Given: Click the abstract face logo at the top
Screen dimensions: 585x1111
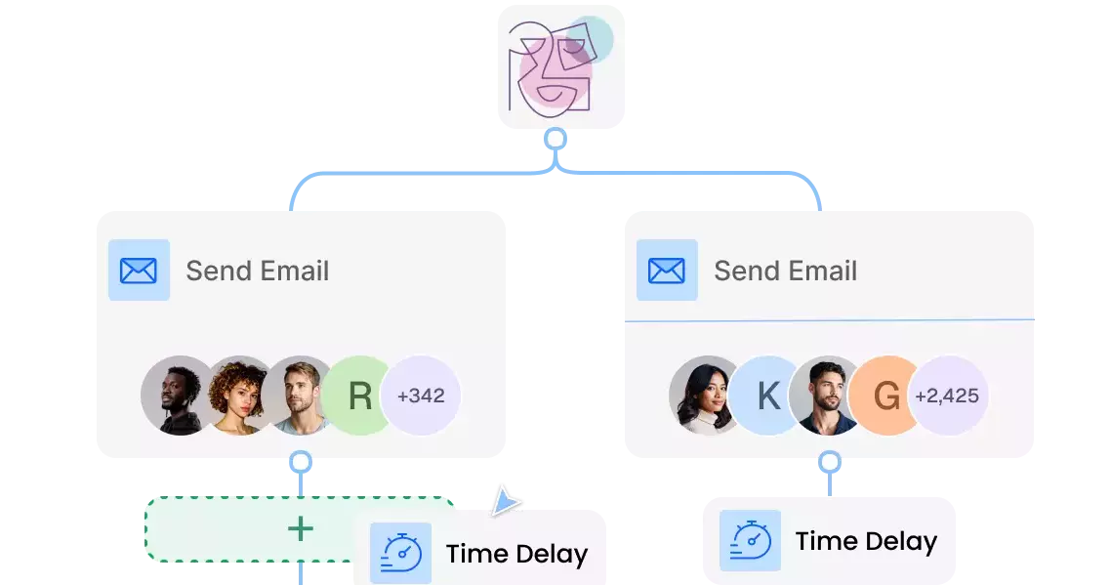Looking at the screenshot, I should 555,65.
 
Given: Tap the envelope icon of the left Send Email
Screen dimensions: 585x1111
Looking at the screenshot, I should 139,271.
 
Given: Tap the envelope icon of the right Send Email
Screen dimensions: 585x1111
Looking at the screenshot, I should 667,271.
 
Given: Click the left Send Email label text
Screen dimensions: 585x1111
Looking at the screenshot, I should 258,271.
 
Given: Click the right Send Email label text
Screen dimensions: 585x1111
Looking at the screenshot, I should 786,271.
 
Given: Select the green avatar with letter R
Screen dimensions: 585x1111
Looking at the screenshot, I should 360,396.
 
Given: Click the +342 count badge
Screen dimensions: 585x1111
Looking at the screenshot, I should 422,396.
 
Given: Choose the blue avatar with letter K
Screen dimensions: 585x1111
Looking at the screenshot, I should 768,396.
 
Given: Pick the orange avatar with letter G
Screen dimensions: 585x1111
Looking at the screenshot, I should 885,396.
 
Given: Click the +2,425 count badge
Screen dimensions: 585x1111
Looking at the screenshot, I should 948,396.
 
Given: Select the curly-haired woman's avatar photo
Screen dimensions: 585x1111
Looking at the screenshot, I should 235,396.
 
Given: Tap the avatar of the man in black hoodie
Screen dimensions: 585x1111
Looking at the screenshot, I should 177,396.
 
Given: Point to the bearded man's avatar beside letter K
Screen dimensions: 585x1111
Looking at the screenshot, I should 826,396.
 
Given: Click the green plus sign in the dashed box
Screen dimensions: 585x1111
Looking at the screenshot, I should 301,529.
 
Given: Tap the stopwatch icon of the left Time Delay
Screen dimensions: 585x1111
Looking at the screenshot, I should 400,553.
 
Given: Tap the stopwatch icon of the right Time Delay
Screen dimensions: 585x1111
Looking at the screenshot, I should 750,540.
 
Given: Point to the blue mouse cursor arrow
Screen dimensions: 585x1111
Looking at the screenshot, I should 505,499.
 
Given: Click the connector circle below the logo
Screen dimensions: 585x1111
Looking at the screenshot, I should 555,140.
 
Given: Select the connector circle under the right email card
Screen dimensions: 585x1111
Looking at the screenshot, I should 830,460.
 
